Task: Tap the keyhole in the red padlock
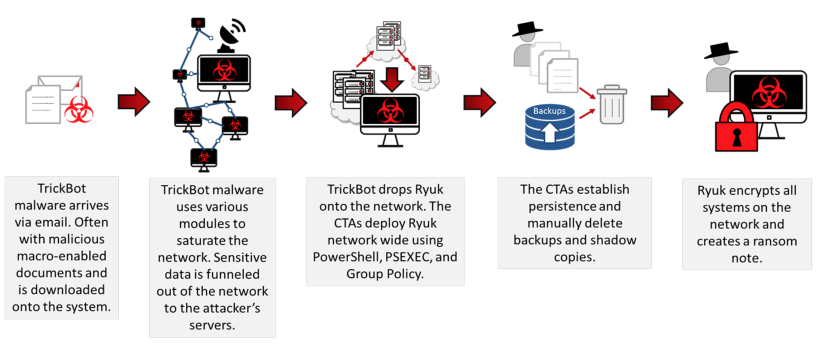click(x=736, y=138)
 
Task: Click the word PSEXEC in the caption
click(x=407, y=257)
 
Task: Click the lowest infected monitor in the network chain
click(x=204, y=158)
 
